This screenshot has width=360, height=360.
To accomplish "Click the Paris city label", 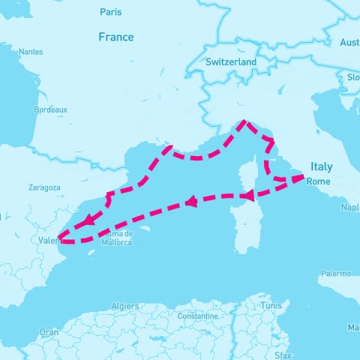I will point(110,12).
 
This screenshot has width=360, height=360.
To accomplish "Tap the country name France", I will point(116,37).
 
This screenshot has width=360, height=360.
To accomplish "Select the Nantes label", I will point(31,52).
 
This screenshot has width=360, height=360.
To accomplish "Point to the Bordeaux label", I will point(51,109).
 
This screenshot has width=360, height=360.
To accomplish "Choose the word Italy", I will point(321,166).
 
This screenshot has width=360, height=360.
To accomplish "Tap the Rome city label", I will point(319,181).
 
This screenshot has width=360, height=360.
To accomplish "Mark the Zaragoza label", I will point(43,187).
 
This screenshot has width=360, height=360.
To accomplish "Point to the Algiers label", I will point(125,306).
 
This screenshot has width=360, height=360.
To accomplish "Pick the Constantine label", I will point(197,316).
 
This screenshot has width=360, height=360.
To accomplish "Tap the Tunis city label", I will point(271,306).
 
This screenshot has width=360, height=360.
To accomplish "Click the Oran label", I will point(49,331).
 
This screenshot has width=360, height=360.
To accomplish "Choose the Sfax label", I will point(283,354).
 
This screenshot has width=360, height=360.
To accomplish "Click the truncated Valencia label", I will point(49,240).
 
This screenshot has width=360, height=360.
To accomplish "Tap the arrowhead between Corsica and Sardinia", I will point(245,196).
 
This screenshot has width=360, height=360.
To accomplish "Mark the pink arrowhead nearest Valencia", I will point(89,220).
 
